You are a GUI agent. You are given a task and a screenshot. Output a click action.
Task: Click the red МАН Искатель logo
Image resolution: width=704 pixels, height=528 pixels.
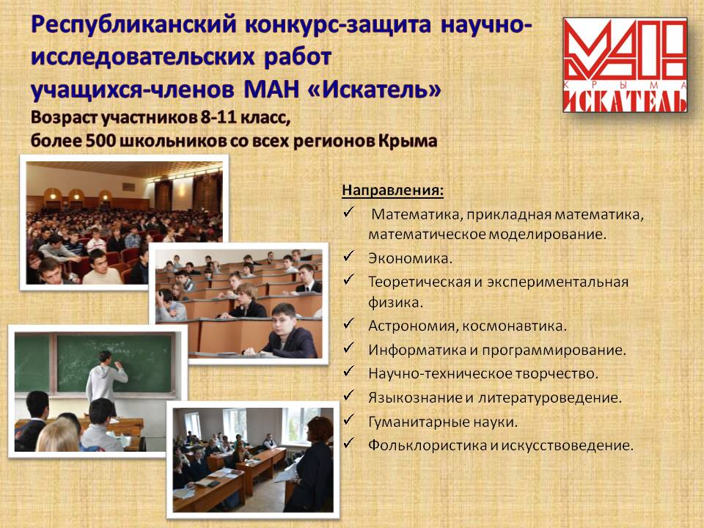point(625,65)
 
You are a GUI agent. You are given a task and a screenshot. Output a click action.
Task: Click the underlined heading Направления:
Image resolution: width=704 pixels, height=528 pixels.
point(392,190)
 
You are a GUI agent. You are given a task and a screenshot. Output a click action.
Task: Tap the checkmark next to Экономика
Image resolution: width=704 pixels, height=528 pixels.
point(349,256)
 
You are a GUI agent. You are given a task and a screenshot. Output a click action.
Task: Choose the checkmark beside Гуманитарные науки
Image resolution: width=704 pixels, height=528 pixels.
point(349,419)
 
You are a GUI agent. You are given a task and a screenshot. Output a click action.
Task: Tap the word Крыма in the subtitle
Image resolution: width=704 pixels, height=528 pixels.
point(408,141)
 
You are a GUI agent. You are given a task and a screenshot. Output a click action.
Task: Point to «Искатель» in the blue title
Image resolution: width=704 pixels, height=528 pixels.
point(375,89)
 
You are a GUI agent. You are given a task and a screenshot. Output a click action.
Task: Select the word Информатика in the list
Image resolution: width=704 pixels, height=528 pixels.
point(417,350)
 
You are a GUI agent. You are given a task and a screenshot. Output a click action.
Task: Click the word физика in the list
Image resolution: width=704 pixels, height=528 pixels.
point(395,303)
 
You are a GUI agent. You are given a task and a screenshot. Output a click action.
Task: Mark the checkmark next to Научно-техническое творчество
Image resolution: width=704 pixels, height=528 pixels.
point(349,371)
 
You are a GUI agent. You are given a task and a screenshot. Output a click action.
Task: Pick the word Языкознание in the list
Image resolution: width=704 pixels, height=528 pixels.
point(416,397)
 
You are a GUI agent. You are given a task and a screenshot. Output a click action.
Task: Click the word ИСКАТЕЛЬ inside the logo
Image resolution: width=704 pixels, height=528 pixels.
point(625,100)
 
